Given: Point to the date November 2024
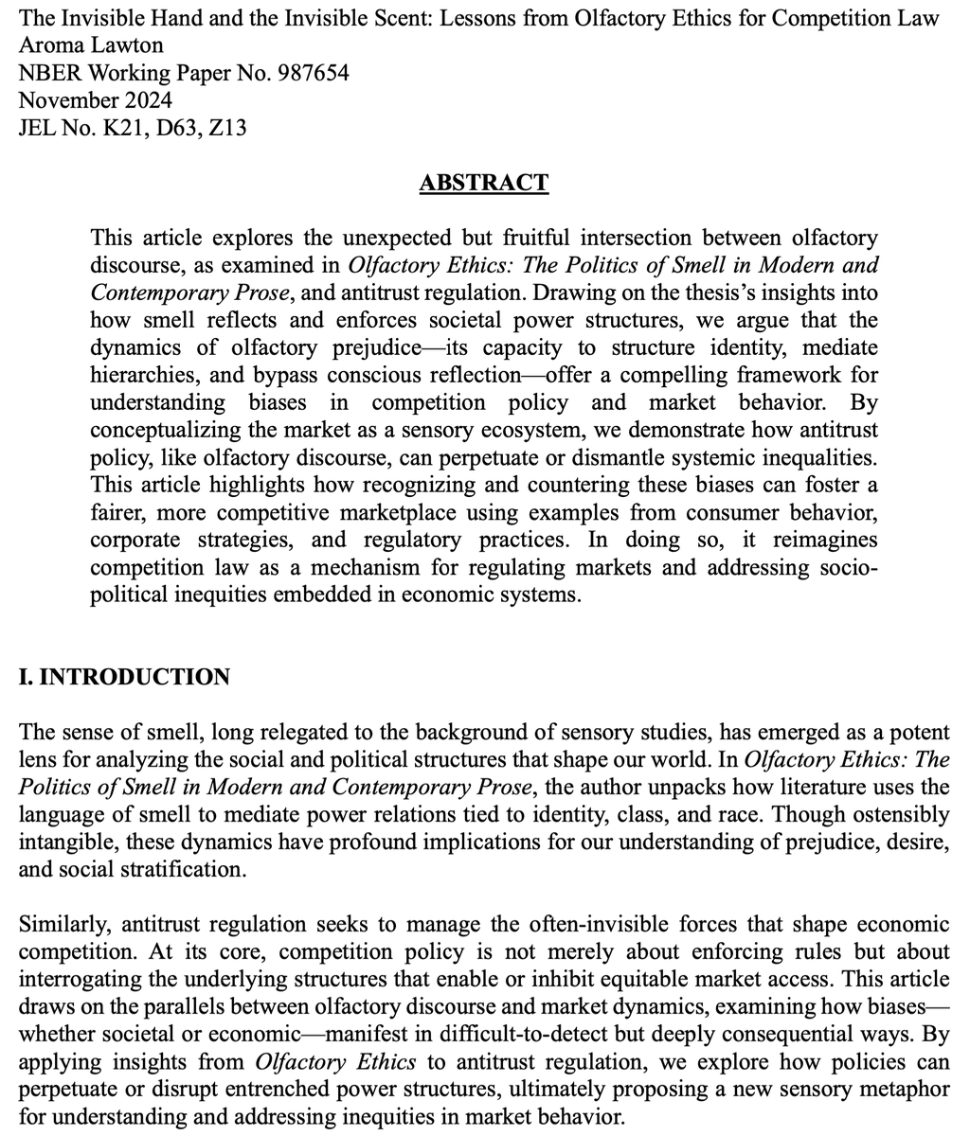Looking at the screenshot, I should click(96, 99).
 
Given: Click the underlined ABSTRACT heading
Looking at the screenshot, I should click(484, 182).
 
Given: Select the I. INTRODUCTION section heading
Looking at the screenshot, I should click(124, 677).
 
